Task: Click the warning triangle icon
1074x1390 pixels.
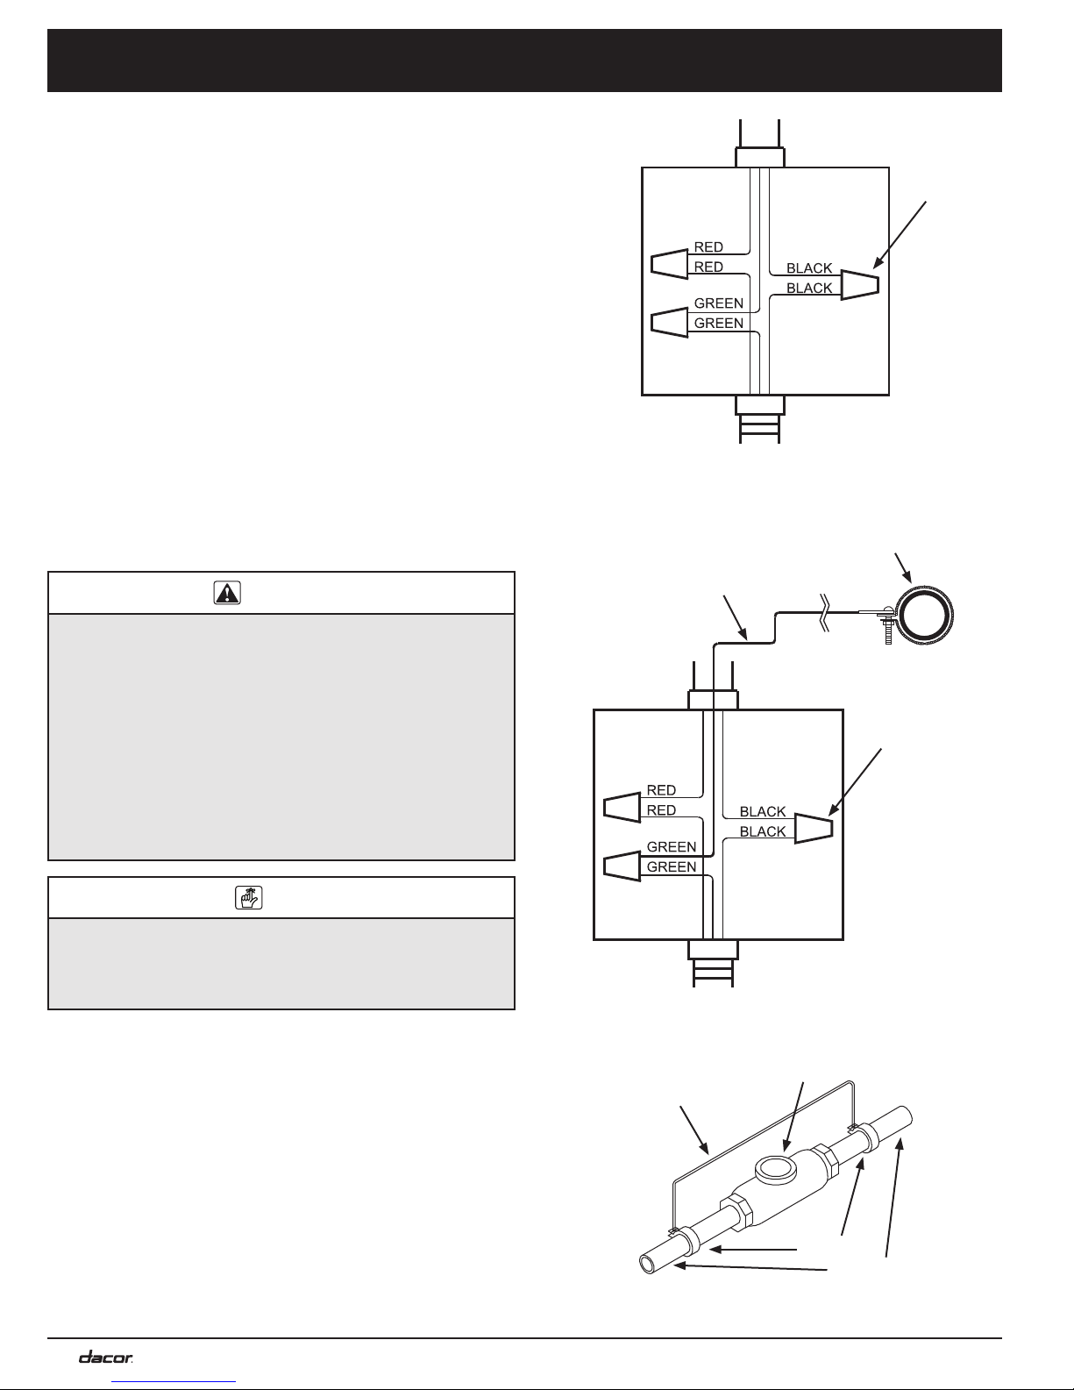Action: tap(227, 593)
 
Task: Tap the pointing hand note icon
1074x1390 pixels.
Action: tap(249, 897)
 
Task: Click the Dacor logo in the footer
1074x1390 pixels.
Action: tap(105, 1358)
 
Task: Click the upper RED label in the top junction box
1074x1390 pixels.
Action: tap(708, 247)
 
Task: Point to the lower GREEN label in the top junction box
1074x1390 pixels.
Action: tap(719, 323)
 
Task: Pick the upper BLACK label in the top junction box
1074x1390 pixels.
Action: tap(809, 268)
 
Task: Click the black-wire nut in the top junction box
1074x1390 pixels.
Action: tap(860, 285)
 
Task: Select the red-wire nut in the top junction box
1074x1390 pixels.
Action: tap(669, 264)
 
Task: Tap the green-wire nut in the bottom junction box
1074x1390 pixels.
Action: tap(622, 866)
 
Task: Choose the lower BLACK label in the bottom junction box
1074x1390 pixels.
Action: tap(763, 831)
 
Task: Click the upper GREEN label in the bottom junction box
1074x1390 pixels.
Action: tap(672, 847)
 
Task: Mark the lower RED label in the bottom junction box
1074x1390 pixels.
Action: tap(661, 810)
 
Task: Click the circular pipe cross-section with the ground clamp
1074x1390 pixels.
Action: tap(924, 615)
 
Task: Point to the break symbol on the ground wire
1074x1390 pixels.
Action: tap(825, 612)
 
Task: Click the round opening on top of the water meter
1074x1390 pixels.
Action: tap(775, 1169)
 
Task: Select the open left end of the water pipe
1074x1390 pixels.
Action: tap(648, 1264)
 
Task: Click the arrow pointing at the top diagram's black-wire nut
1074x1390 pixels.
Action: tap(900, 234)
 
